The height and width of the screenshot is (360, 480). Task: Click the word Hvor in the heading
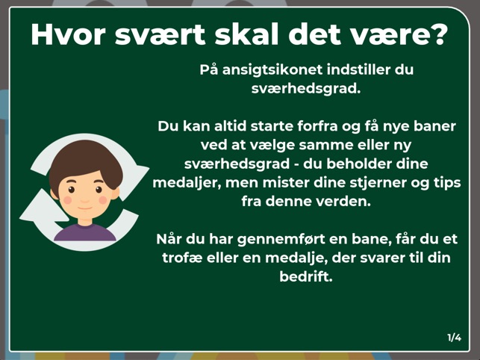click(68, 34)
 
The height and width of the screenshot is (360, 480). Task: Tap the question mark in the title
click(440, 34)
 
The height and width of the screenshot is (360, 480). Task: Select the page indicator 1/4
click(455, 338)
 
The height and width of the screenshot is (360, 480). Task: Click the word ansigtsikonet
click(272, 70)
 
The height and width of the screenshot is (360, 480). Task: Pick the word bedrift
click(306, 276)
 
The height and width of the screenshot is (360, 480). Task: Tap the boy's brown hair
click(85, 161)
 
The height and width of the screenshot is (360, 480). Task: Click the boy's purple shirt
click(85, 232)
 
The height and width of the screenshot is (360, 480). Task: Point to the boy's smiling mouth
click(85, 208)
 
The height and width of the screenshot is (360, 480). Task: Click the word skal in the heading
click(246, 34)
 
